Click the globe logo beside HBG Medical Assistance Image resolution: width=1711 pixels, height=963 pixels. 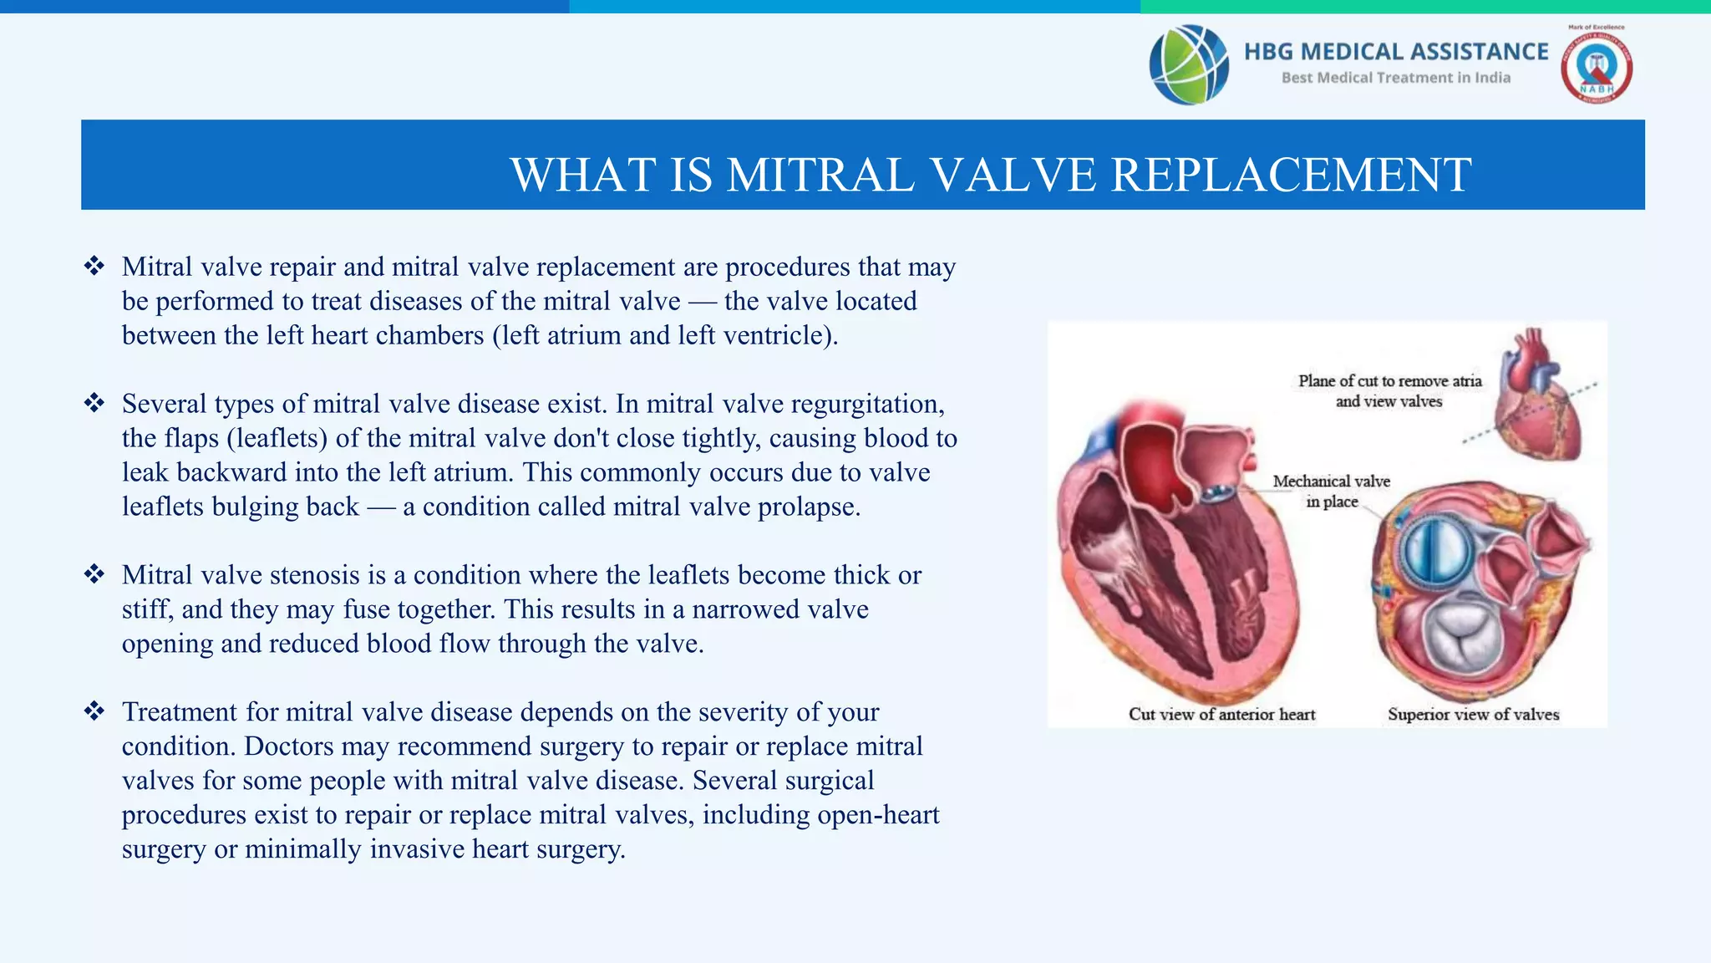click(x=1188, y=64)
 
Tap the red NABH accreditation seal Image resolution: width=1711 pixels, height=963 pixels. click(x=1596, y=68)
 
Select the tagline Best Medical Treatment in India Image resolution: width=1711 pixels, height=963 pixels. click(x=1395, y=78)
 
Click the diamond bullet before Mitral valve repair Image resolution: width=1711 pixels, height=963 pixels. click(x=94, y=267)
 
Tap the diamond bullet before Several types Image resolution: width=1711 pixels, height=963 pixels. click(x=94, y=404)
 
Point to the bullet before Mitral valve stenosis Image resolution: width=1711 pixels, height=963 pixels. click(x=94, y=574)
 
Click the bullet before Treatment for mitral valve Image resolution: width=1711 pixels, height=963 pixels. click(x=94, y=711)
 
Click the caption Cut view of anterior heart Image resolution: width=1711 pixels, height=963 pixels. click(x=1221, y=714)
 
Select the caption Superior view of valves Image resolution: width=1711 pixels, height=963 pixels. click(x=1473, y=714)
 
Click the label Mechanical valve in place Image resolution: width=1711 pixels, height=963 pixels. click(x=1331, y=491)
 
